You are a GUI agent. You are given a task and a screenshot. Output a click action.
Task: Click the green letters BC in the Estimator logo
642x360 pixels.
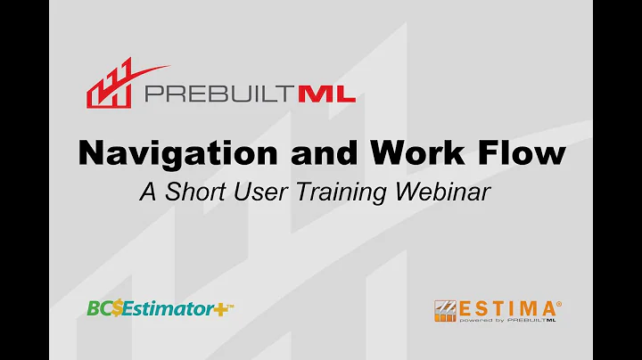tap(97, 308)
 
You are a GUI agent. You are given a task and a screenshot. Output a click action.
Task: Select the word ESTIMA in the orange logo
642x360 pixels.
tap(506, 307)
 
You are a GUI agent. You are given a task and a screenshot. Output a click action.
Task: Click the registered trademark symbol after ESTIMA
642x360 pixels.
tap(559, 300)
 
